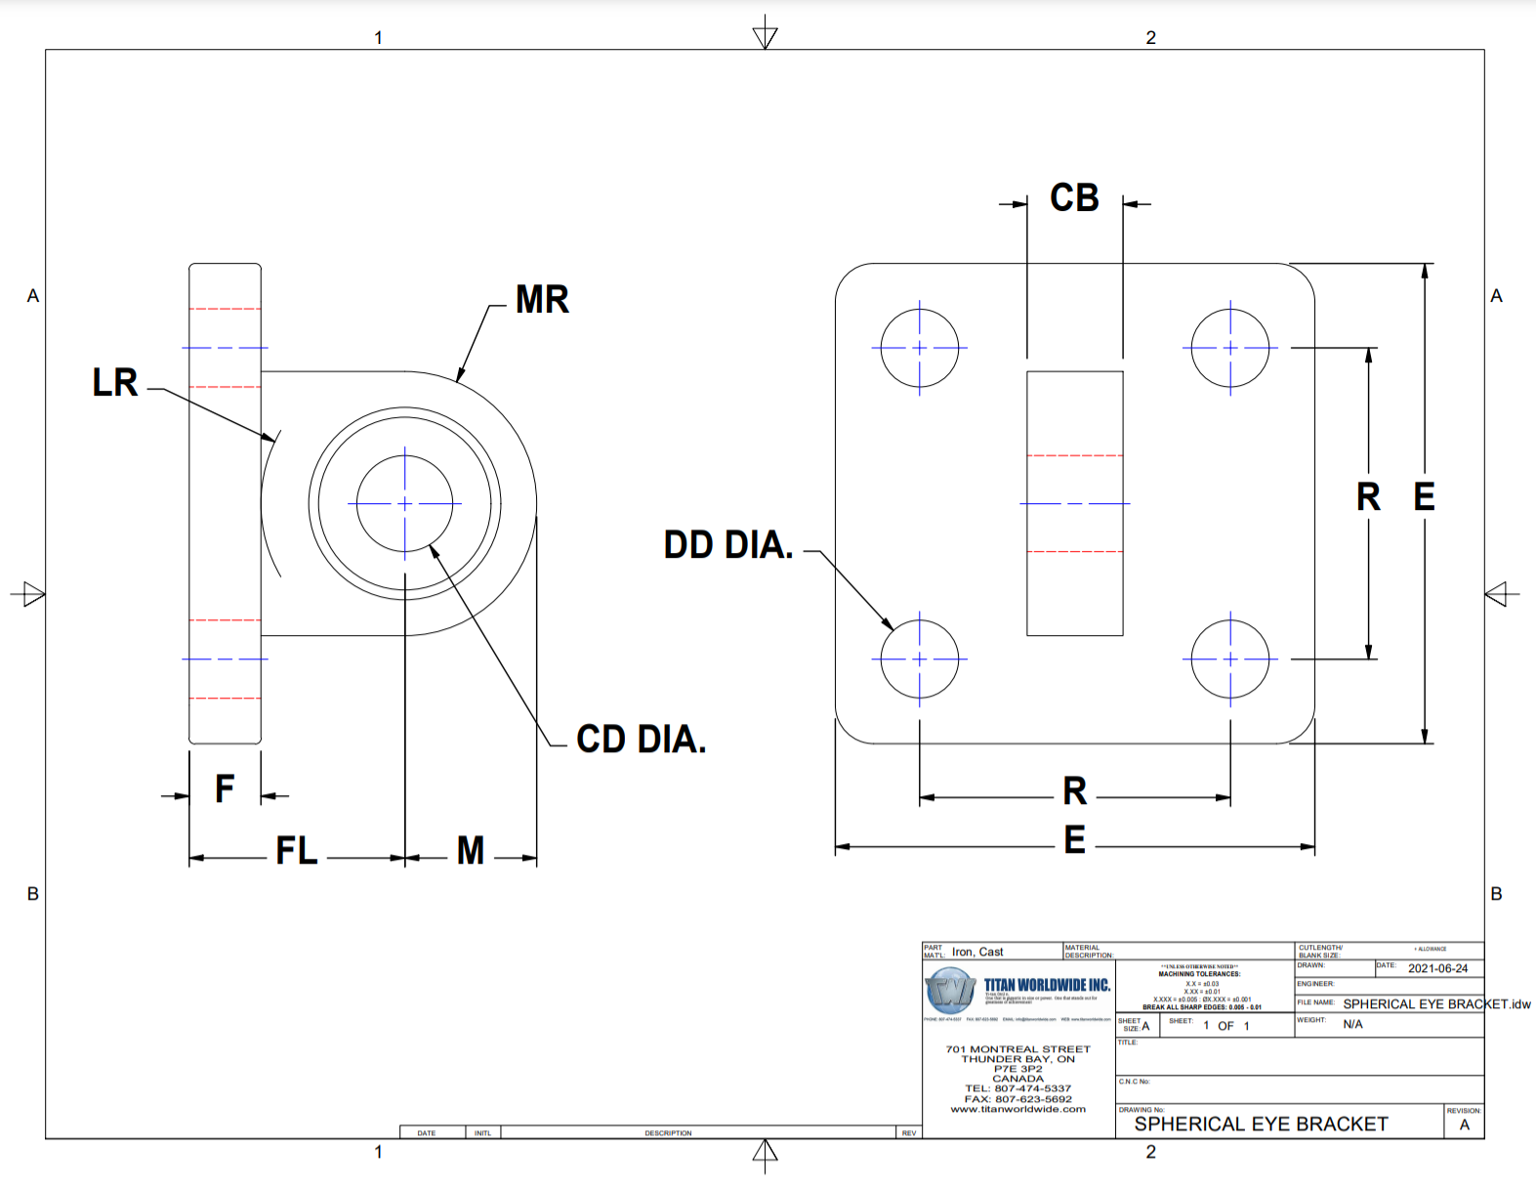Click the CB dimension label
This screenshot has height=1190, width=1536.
coord(1074,198)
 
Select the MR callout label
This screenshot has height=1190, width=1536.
coord(542,299)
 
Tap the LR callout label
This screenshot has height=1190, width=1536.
coord(115,382)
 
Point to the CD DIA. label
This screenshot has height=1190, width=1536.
coord(641,740)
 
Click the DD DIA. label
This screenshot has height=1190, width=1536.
coord(728,545)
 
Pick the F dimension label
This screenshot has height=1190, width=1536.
coord(225,788)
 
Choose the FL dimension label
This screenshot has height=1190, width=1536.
coord(297,851)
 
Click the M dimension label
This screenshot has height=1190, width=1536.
coord(471,851)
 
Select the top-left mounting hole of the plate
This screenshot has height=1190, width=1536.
coord(919,348)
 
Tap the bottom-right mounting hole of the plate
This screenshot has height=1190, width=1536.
coord(1230,659)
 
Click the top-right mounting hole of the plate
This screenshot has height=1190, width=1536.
coord(1230,348)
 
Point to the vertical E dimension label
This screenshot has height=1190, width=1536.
coord(1425,497)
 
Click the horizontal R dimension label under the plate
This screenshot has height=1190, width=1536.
coord(1074,791)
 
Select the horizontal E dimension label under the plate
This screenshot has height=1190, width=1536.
coord(1074,840)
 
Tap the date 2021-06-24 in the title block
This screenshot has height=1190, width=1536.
coord(1437,968)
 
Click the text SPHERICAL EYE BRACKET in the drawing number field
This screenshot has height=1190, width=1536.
coord(1261,1125)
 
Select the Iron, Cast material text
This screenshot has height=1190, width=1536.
coord(977,952)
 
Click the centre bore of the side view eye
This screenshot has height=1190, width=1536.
coord(404,504)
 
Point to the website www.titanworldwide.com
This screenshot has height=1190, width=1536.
coord(1017,1109)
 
